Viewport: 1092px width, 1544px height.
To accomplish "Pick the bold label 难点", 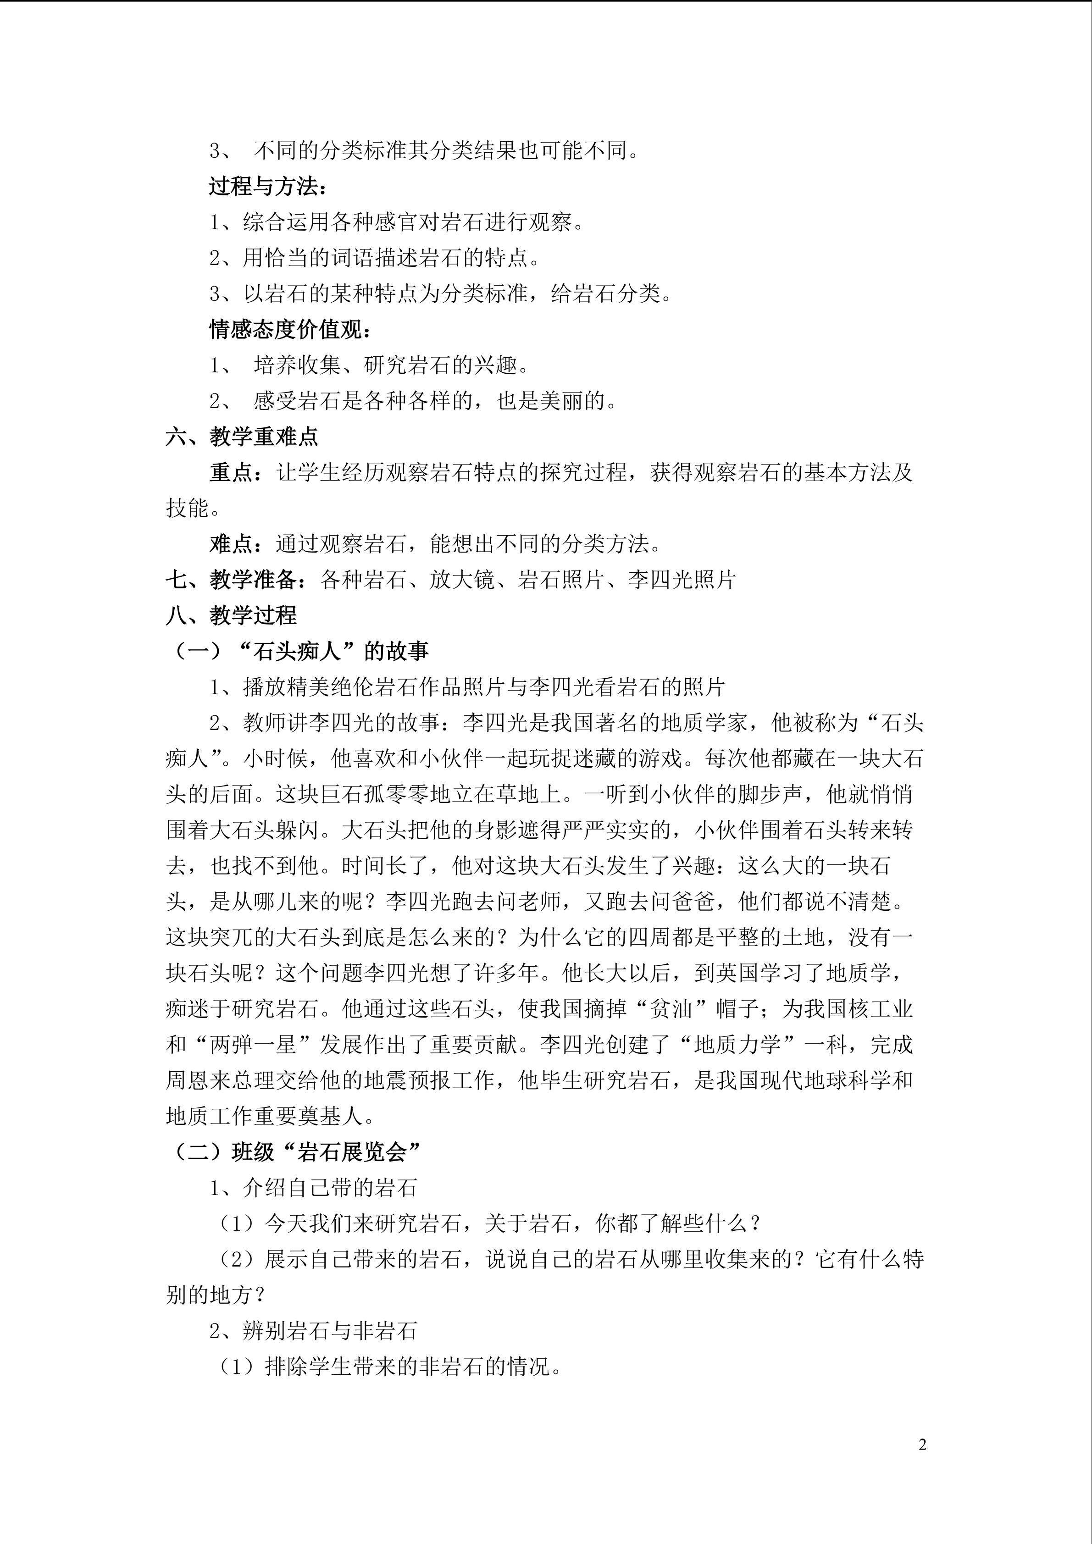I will [x=231, y=544].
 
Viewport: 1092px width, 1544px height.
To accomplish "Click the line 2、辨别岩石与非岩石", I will [x=313, y=1331].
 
